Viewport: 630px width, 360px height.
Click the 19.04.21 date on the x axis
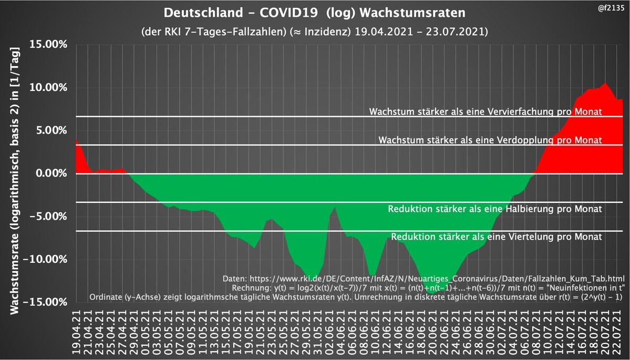[x=76, y=331]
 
